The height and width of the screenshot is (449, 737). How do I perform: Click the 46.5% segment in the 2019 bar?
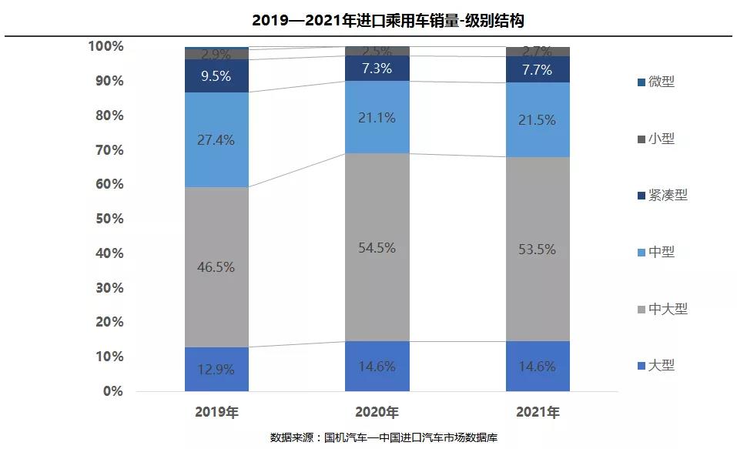coord(216,267)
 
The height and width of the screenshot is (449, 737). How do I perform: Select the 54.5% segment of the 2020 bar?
coord(377,248)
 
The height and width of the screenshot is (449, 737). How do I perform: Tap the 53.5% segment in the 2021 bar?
coord(538,250)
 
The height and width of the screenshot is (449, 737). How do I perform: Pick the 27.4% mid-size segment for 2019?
coord(216,140)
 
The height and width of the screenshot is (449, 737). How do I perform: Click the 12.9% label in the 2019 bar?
coord(216,369)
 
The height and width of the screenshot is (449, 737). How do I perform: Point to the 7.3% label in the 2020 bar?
coord(377,69)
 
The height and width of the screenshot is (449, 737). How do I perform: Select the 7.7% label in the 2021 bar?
coord(538,70)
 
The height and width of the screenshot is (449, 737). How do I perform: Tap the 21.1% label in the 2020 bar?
coord(377,118)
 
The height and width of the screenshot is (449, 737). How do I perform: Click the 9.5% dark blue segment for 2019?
coord(216,76)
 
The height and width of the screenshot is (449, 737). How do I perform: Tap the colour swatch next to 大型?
coord(642,366)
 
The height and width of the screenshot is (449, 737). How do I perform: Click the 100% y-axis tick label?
coord(106,46)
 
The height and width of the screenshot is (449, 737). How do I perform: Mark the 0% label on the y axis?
coord(112,391)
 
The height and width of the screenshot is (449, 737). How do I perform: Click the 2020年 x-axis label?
coord(377,412)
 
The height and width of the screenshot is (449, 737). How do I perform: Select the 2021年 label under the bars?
coord(538,412)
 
